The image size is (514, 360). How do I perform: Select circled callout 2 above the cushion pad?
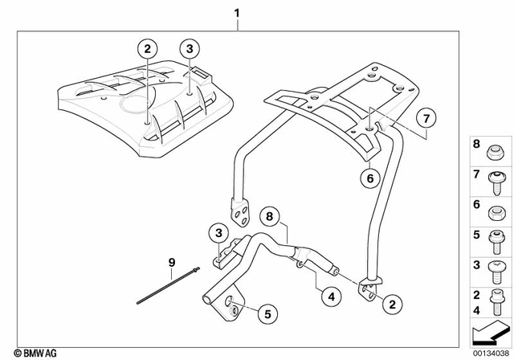pos(146,49)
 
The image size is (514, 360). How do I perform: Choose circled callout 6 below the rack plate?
pos(371,179)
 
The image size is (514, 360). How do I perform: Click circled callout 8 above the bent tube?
pos(271,216)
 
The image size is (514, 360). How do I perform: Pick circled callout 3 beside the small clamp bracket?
pos(218,232)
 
